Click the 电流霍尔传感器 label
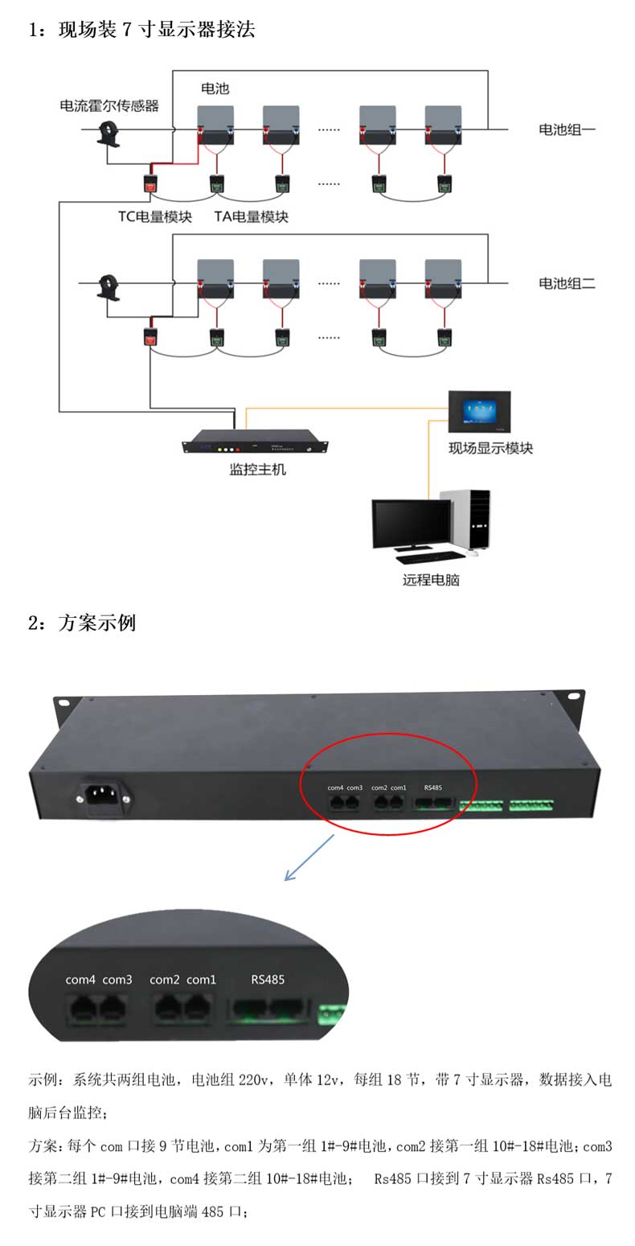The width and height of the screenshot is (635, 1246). (x=109, y=105)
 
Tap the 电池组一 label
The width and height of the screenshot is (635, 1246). (x=567, y=129)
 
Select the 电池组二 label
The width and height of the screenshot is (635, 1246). (x=567, y=283)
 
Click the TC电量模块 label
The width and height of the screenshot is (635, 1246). (x=155, y=216)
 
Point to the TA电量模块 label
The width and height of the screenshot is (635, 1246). (x=251, y=216)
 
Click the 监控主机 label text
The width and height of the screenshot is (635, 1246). (x=257, y=469)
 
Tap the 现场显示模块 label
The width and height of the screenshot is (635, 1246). (x=490, y=448)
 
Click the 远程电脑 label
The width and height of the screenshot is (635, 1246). (x=431, y=579)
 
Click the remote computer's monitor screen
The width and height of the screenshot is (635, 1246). (x=411, y=523)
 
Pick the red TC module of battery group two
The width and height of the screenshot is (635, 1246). (x=150, y=337)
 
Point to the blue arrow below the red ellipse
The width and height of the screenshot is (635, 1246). (x=309, y=857)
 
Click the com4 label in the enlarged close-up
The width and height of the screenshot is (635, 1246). (x=80, y=980)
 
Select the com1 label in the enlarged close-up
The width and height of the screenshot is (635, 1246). (x=201, y=980)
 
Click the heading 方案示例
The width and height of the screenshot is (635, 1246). (x=96, y=622)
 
